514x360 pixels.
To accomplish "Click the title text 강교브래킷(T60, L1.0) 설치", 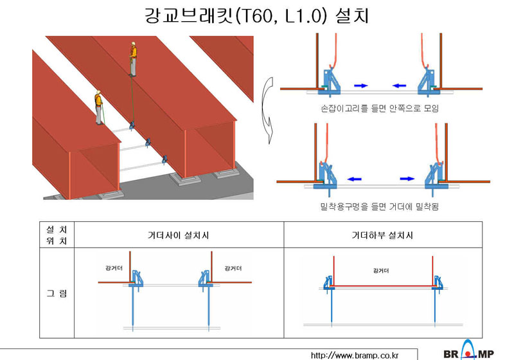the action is pyautogui.click(x=256, y=15).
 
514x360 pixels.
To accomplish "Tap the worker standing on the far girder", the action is pyautogui.click(x=133, y=59).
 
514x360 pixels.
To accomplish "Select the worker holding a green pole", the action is pyautogui.click(x=99, y=107).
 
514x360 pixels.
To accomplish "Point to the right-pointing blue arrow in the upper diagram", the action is pyautogui.click(x=361, y=85).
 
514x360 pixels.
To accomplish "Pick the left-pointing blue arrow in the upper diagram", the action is pyautogui.click(x=399, y=85).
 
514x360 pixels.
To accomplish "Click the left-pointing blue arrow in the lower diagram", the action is pyautogui.click(x=355, y=179).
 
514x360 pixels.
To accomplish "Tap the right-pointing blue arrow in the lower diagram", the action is pyautogui.click(x=407, y=179).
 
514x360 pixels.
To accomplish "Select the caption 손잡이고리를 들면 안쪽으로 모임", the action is pyautogui.click(x=380, y=108).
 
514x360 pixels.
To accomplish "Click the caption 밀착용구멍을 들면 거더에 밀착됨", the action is pyautogui.click(x=380, y=206).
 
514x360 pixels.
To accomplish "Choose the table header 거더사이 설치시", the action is pyautogui.click(x=179, y=235).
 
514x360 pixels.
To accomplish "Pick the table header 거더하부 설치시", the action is pyautogui.click(x=382, y=235).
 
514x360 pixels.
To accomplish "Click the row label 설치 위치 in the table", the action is pyautogui.click(x=57, y=235).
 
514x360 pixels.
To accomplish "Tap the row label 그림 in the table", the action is pyautogui.click(x=57, y=293).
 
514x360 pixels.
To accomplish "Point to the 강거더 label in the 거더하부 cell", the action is pyautogui.click(x=381, y=271).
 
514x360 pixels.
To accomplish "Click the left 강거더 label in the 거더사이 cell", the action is pyautogui.click(x=114, y=268).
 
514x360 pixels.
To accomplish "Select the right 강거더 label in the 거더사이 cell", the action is pyautogui.click(x=233, y=269).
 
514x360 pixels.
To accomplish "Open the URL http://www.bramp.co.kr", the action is pyautogui.click(x=355, y=355).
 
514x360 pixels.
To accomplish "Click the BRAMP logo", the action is pyautogui.click(x=469, y=350).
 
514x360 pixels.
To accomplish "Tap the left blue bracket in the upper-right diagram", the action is pyautogui.click(x=330, y=82).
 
